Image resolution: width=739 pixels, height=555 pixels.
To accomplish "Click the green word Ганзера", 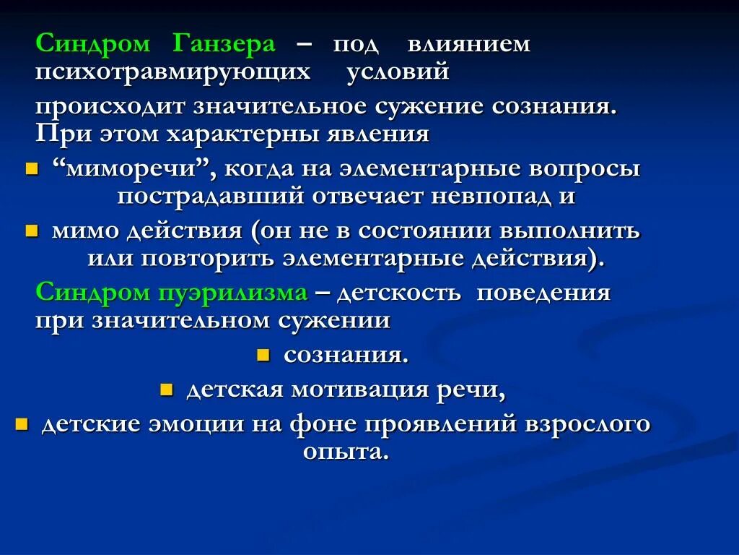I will pos(224,44).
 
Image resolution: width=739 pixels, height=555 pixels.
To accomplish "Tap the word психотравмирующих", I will pos(173,72).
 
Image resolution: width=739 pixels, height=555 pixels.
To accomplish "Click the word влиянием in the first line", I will pos(468,44).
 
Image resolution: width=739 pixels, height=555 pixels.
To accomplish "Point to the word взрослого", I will pos(588,423).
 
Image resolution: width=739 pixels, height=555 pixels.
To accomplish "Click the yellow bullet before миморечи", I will pos(31,170).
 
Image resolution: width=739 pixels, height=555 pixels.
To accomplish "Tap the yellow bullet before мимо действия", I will pos(31,231).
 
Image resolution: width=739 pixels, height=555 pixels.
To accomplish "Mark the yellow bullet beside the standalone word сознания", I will pos(263,356).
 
